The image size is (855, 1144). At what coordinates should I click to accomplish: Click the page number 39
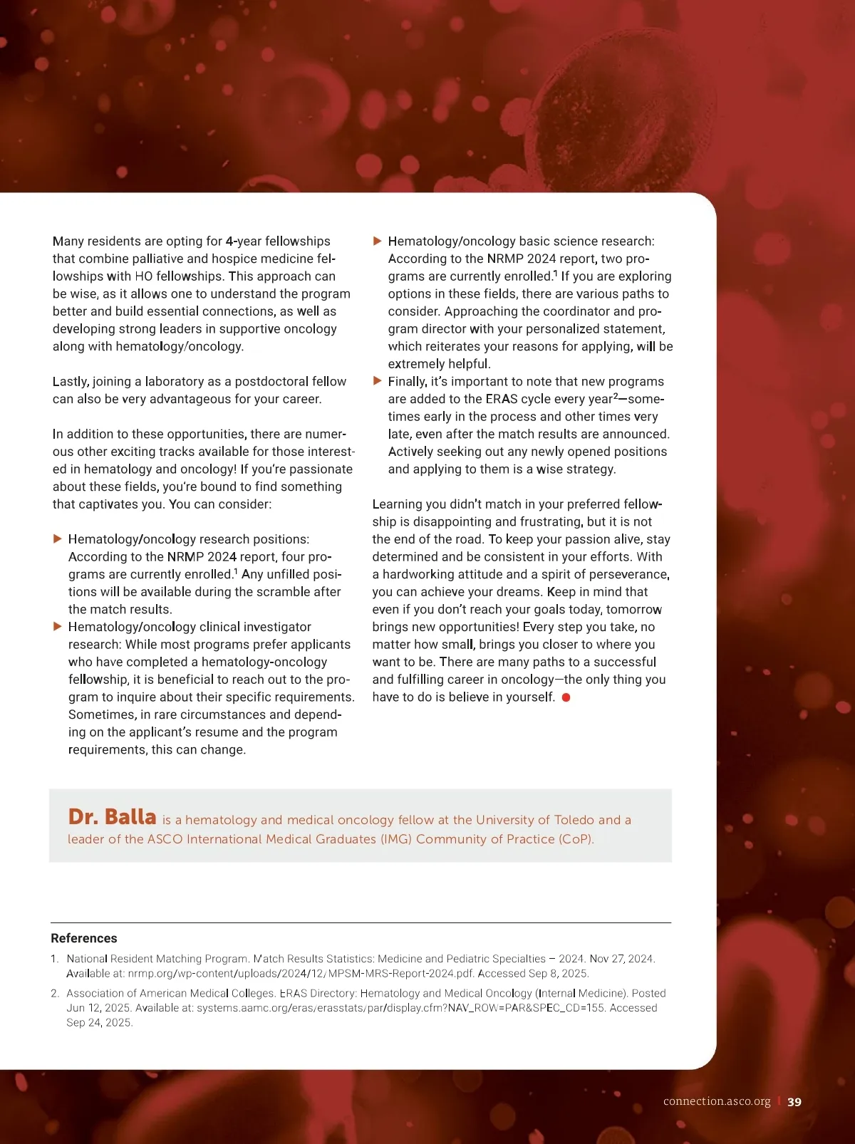click(x=794, y=1102)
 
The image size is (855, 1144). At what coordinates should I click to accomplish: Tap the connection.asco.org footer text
click(x=717, y=1102)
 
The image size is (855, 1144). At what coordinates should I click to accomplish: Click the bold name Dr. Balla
click(x=112, y=816)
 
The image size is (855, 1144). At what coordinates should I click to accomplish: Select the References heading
click(x=84, y=938)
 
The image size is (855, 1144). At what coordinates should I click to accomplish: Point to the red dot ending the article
click(x=566, y=697)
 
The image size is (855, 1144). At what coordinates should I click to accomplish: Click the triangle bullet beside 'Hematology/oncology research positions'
click(x=58, y=539)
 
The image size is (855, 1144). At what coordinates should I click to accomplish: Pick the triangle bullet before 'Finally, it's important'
click(x=378, y=381)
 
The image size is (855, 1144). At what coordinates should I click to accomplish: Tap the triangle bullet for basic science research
click(x=378, y=241)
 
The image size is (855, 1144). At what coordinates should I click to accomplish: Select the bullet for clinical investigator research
click(x=58, y=627)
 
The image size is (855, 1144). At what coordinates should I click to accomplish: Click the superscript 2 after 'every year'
click(x=616, y=396)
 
